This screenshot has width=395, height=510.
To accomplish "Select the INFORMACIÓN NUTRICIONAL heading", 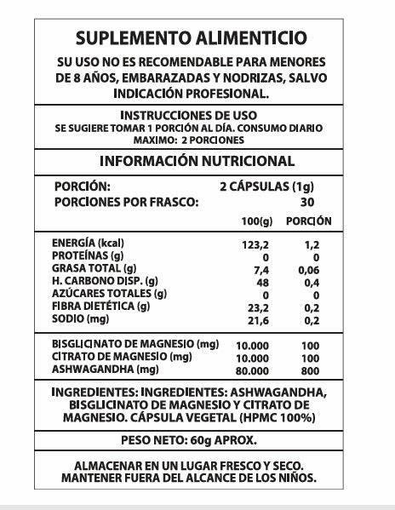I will click(197, 161).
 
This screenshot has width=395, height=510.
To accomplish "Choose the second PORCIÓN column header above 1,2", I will click(307, 221).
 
